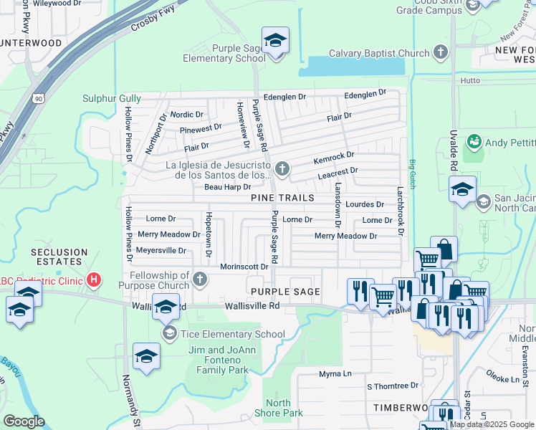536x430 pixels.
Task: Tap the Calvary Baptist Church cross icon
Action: click(x=441, y=53)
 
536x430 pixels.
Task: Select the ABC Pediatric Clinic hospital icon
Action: click(x=92, y=279)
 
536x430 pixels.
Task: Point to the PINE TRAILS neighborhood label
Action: click(x=282, y=197)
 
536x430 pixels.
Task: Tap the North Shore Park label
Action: click(x=279, y=407)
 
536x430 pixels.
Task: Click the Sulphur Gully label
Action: click(x=111, y=98)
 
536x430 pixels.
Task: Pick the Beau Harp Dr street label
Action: click(x=227, y=187)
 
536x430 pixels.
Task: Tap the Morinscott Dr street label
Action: click(x=244, y=267)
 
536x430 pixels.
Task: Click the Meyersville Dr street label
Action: click(x=161, y=251)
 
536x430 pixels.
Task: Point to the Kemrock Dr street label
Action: click(x=333, y=156)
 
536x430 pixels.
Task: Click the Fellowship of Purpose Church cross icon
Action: click(x=200, y=279)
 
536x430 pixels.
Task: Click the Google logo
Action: click(x=24, y=421)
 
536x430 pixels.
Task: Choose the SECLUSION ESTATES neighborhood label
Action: click(x=59, y=258)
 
